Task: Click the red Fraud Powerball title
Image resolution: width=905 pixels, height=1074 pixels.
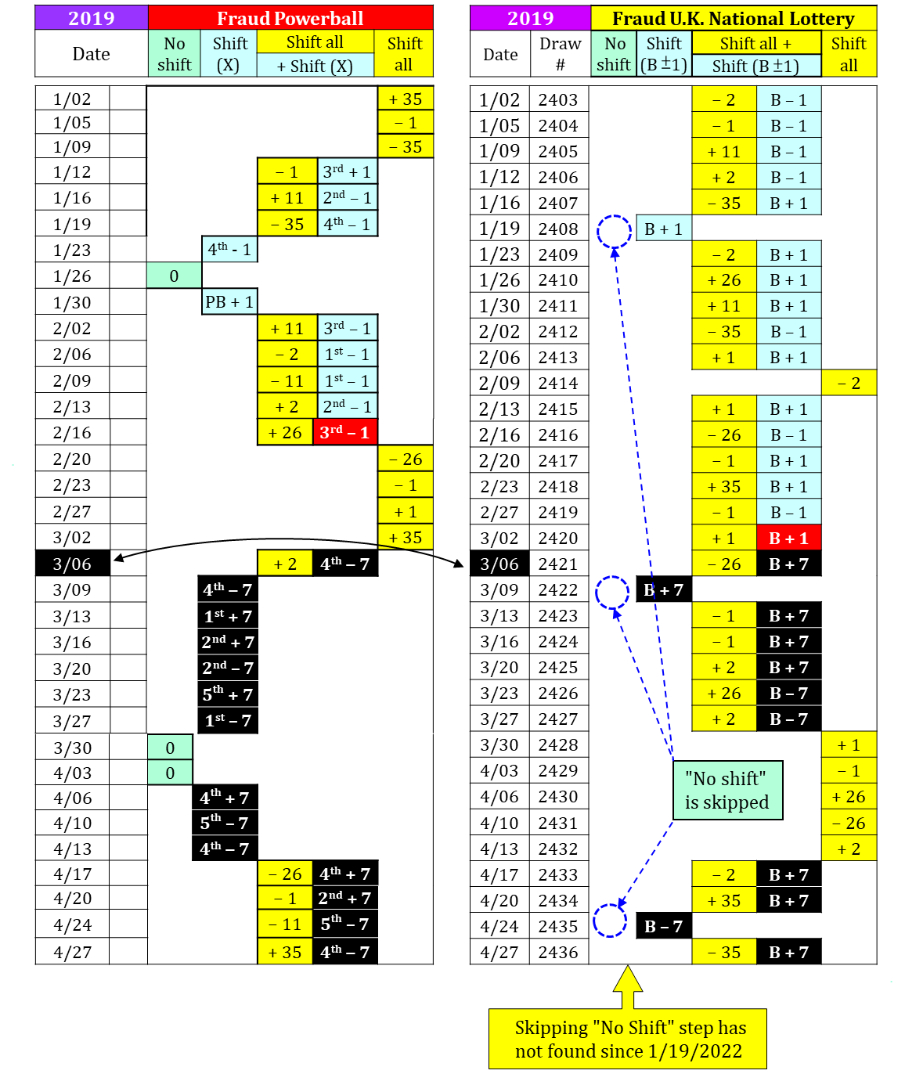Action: pos(290,18)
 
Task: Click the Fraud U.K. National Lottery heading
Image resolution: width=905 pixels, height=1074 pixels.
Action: pos(733,18)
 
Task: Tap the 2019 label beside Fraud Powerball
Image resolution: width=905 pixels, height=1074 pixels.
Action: pos(92,18)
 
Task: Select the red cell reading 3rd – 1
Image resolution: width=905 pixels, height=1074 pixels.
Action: pos(344,432)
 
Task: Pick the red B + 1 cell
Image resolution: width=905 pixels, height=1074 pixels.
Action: pos(788,538)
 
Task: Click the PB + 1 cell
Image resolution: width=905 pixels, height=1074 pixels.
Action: pos(229,301)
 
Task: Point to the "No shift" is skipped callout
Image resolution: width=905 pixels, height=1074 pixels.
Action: pos(727,790)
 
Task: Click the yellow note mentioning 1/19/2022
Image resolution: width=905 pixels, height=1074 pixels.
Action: pos(628,1039)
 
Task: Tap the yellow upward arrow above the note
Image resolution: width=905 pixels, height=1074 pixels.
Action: pos(628,986)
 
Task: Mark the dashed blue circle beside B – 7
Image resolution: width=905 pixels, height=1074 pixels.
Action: pos(610,921)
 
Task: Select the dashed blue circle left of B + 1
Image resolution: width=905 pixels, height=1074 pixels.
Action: pos(614,231)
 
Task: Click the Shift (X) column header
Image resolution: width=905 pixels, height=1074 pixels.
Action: pos(229,54)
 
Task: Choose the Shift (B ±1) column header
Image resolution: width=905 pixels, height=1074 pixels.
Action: pos(664,54)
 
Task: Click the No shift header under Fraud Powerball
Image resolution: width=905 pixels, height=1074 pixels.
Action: pos(175,54)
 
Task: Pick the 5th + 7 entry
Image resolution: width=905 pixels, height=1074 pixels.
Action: pos(228,694)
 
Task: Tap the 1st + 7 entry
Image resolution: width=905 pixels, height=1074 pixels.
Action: pos(228,617)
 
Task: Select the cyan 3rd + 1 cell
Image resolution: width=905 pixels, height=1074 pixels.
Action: pos(347,171)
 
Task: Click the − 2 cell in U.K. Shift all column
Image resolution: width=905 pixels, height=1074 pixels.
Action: pos(849,383)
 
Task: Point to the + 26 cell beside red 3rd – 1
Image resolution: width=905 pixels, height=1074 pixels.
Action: pos(285,432)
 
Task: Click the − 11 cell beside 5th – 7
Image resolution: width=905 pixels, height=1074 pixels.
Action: pos(285,924)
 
